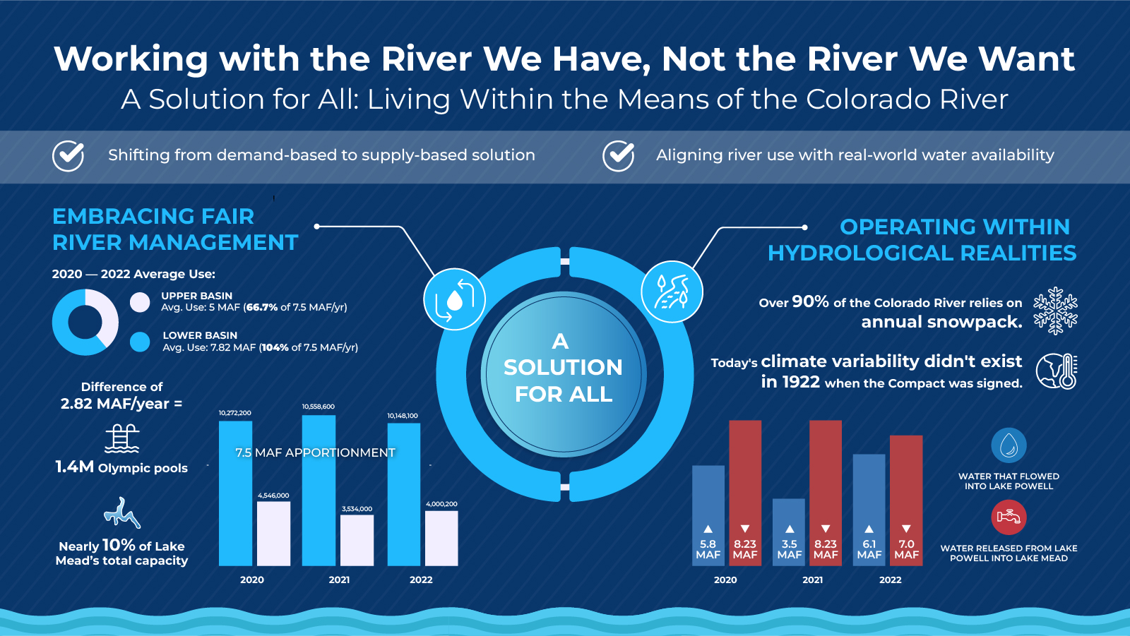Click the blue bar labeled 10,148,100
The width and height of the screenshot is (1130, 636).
pos(404,494)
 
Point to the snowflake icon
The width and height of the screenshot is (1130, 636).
pos(1055,311)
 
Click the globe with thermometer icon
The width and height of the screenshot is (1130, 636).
pos(1057,371)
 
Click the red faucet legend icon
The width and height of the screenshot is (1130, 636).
pos(1009,517)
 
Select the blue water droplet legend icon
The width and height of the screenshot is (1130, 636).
pos(1009,445)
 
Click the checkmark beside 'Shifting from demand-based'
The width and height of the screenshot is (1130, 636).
pos(69,155)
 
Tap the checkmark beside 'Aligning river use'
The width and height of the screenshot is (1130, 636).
pos(618,155)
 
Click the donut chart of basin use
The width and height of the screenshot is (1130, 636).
pos(85,322)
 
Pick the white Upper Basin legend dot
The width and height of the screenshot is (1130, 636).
pos(140,302)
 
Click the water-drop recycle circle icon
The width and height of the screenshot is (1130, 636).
pos(454,299)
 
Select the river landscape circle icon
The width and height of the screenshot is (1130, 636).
pos(672,292)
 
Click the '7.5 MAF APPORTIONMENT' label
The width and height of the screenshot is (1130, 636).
pos(315,452)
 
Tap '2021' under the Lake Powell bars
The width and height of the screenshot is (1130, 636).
pos(812,580)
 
